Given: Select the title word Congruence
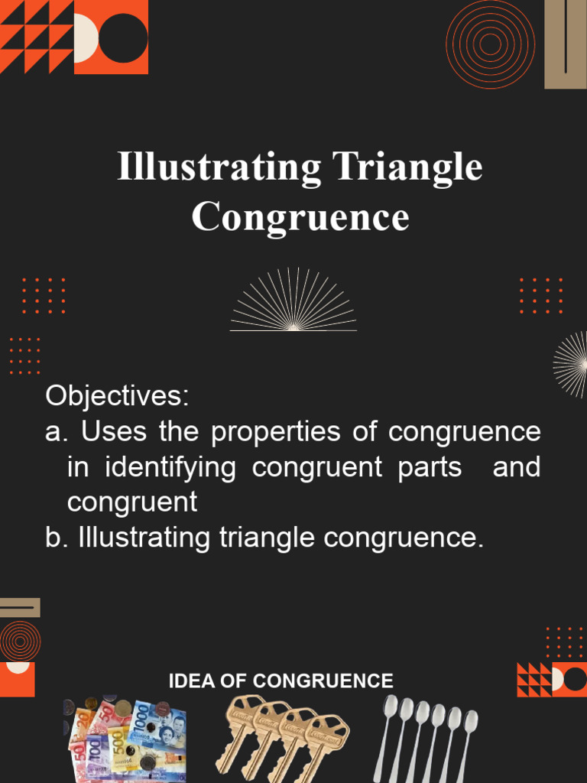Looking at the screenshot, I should (x=300, y=216).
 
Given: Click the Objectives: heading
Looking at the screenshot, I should (x=116, y=396).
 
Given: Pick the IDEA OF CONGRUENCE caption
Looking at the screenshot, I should (x=281, y=681).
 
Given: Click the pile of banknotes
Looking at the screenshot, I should (x=126, y=738).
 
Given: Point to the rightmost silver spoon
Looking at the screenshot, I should (x=467, y=738).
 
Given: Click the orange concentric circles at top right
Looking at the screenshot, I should (x=491, y=44).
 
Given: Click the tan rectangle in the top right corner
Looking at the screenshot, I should (x=565, y=44).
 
